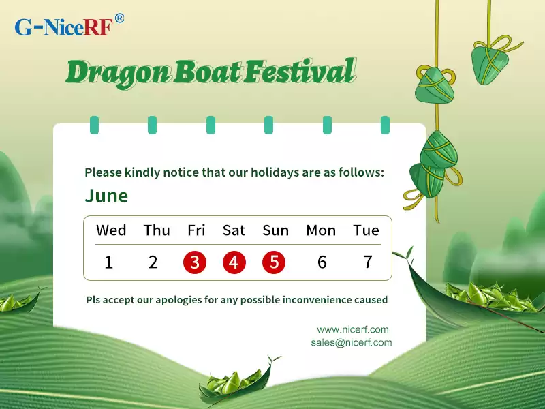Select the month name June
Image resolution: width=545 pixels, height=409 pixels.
(106, 196)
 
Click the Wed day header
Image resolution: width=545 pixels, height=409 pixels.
(111, 230)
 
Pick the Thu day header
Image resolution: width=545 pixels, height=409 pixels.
(157, 230)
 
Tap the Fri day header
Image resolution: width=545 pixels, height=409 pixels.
(196, 230)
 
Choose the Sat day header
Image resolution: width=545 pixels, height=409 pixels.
(234, 230)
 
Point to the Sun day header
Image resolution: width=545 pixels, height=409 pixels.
(275, 230)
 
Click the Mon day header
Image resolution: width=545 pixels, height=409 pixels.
(321, 230)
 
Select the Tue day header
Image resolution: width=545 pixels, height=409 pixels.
(366, 230)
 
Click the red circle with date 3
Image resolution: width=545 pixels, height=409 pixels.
(196, 262)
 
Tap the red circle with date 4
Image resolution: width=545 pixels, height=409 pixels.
(234, 262)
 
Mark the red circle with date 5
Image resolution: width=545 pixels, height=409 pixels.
(274, 262)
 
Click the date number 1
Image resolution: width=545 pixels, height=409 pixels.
(109, 262)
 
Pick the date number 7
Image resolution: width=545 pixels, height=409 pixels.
(368, 262)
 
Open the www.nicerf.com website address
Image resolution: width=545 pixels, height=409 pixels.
(353, 329)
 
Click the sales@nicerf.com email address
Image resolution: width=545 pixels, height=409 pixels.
(351, 343)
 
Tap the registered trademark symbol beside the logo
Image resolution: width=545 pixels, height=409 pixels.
(119, 19)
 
